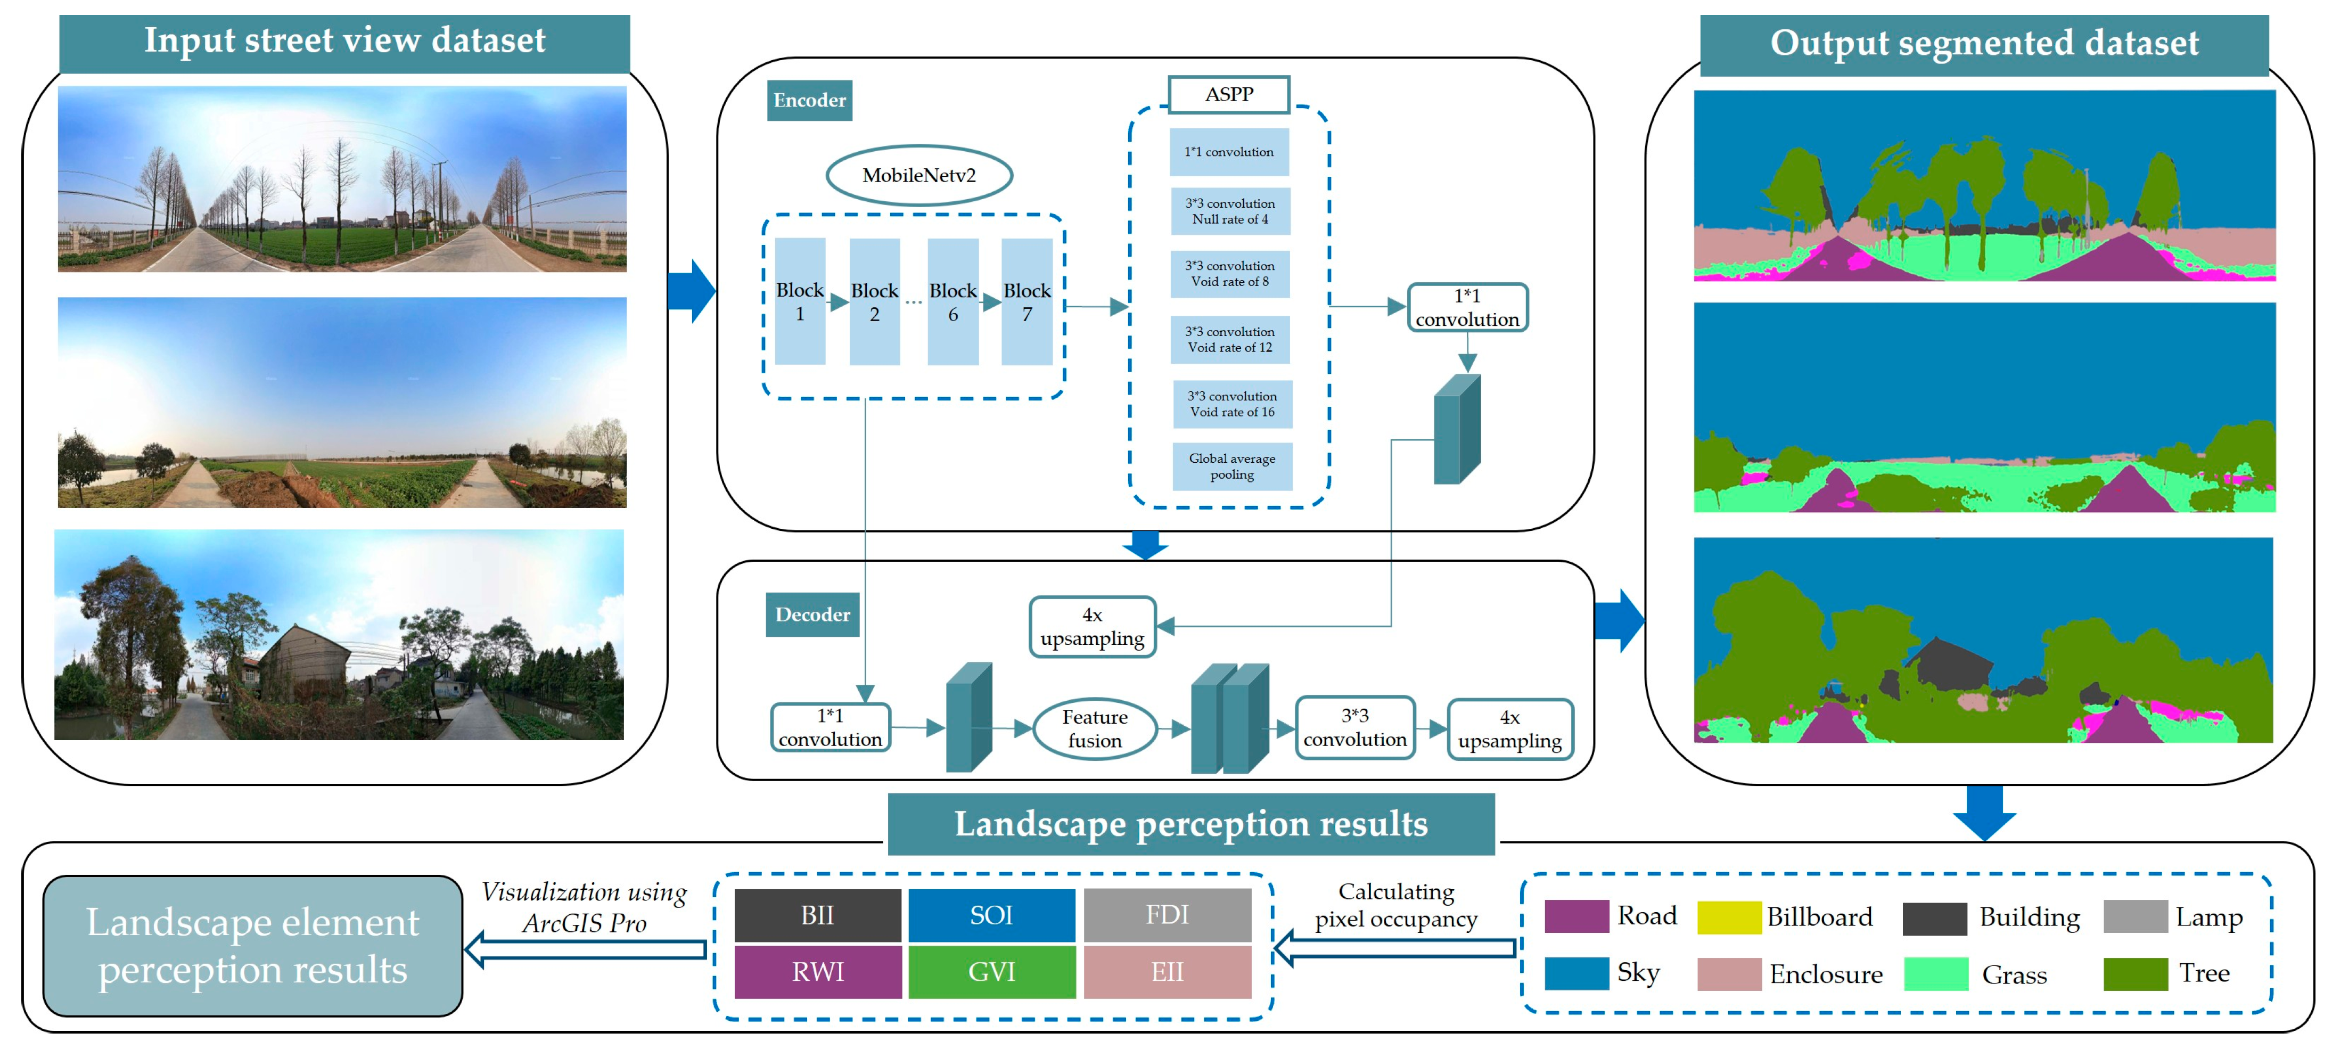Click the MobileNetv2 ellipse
919,176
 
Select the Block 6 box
952,301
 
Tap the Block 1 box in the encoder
800,301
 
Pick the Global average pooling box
1232,466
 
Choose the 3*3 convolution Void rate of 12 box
1230,339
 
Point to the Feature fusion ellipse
1095,728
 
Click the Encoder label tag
809,101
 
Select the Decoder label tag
812,614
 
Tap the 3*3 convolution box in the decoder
1354,728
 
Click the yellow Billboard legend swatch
1728,917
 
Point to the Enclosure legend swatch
1728,974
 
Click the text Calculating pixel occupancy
1396,905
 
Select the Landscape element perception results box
252,946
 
